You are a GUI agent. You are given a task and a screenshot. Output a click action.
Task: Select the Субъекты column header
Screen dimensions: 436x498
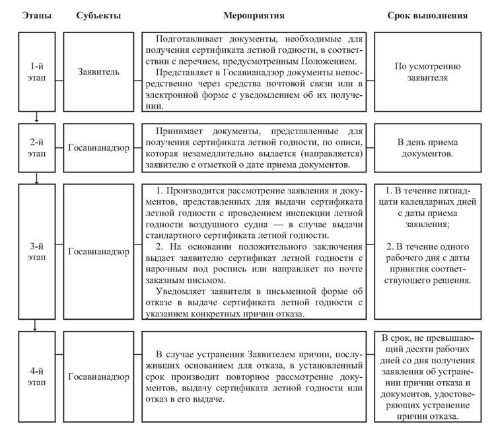tap(98, 15)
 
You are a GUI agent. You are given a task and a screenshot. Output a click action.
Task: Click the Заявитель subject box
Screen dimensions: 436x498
tap(98, 71)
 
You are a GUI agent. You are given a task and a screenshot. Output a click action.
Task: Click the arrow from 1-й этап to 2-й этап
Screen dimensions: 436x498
tap(37, 117)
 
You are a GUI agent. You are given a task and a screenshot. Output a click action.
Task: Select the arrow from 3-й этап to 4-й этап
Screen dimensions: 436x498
tap(37, 324)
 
